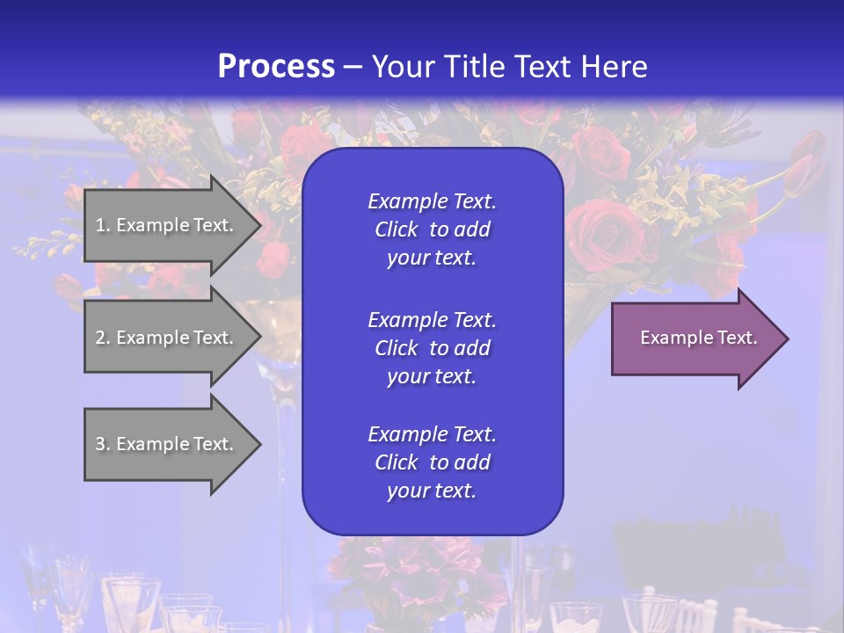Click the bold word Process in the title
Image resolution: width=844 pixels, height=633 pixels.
276,67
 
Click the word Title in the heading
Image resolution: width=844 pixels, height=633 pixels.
474,67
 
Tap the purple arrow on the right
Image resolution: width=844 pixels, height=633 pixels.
695,338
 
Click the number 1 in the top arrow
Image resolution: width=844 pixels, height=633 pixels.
100,225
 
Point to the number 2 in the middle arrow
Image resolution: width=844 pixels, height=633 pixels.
100,338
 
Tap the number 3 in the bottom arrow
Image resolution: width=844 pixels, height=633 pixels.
100,444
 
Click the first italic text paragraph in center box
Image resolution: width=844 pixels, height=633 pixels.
432,229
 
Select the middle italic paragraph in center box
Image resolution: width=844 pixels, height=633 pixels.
432,348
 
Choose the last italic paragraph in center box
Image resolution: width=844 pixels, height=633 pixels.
432,462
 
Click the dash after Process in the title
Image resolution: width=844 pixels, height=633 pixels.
353,68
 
